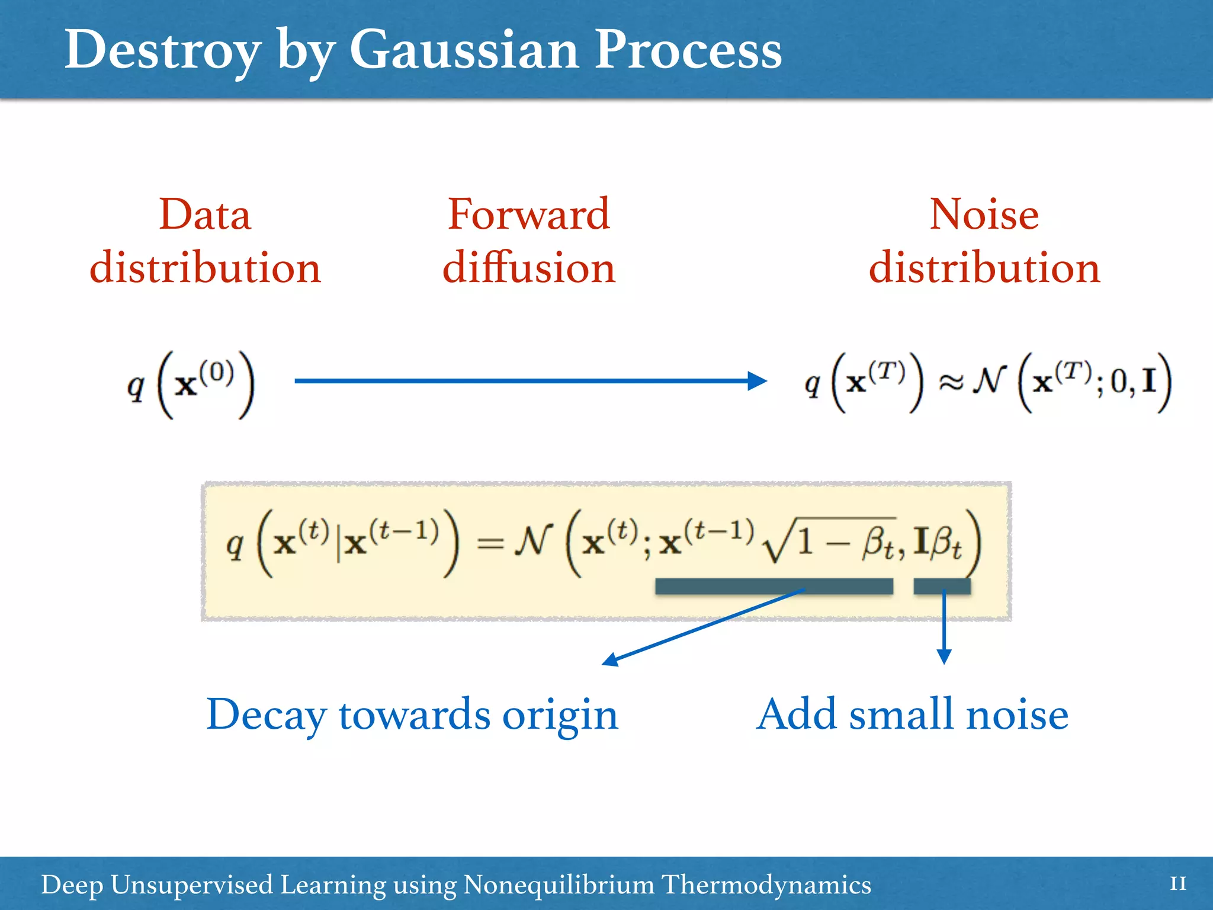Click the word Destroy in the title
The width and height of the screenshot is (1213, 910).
pos(162,51)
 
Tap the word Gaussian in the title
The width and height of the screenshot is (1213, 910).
pos(463,51)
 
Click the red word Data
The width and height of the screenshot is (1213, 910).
pos(205,214)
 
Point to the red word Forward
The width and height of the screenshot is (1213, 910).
pos(528,214)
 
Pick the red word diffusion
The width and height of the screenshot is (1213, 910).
pos(528,268)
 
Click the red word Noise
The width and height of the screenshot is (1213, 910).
pos(984,214)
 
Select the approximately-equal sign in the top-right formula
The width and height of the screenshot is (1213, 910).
pos(951,384)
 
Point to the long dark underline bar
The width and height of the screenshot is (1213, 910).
pos(774,587)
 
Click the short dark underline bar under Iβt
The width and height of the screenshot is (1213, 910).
pos(942,587)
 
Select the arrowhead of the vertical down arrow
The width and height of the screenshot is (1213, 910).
pos(944,656)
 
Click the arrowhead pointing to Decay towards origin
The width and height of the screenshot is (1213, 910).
pos(610,660)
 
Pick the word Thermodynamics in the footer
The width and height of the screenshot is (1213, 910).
pos(766,885)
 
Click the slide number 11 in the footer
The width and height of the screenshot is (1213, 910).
pos(1177,885)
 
